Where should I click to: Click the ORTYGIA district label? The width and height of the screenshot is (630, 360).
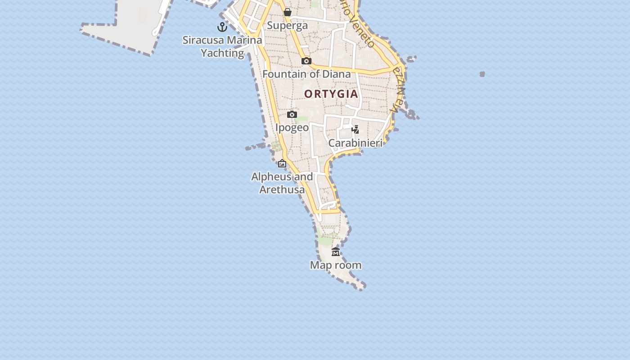click(x=331, y=94)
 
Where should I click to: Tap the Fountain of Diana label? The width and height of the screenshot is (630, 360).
click(x=306, y=74)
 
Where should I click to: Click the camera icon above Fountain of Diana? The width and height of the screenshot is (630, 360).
click(x=306, y=61)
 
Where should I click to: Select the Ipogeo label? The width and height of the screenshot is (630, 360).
click(x=292, y=128)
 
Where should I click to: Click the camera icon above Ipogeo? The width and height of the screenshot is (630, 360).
click(x=292, y=114)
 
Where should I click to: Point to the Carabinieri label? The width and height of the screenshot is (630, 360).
click(x=355, y=143)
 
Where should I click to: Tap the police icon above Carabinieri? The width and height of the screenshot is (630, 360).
click(x=355, y=130)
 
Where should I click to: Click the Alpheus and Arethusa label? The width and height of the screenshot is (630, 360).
click(x=282, y=183)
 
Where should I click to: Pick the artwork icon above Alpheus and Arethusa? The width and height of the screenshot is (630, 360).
click(x=282, y=163)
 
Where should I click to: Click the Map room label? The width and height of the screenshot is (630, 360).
click(x=336, y=265)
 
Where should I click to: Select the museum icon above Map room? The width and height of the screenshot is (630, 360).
click(x=336, y=252)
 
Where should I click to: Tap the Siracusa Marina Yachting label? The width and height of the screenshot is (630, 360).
click(x=222, y=46)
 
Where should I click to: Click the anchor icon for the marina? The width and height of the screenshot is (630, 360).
click(x=222, y=27)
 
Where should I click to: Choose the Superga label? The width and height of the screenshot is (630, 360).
click(x=288, y=26)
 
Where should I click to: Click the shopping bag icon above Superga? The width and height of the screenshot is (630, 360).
click(x=288, y=12)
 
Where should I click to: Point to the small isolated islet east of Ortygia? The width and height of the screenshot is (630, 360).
click(x=482, y=74)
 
